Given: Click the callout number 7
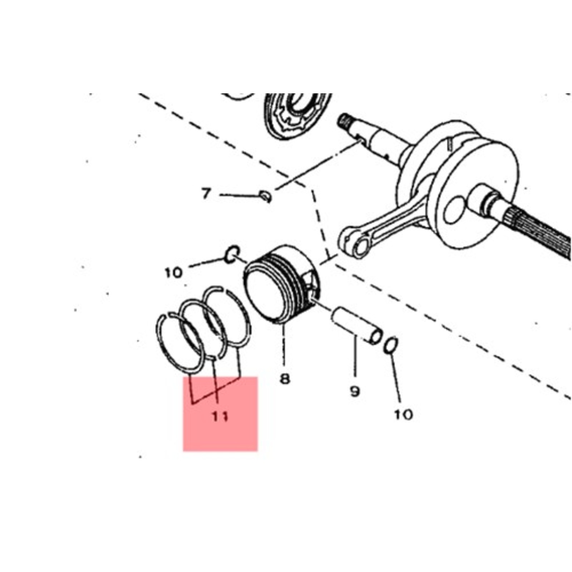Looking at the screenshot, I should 206,193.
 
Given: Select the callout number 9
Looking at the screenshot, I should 354,391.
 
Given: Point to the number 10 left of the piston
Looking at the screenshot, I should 174,273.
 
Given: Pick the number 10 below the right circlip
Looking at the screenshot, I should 403,414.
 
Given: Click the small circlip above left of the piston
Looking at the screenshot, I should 232,253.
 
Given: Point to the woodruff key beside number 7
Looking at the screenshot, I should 266,196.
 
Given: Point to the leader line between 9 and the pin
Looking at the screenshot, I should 355,357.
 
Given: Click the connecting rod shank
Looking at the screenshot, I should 397,218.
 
